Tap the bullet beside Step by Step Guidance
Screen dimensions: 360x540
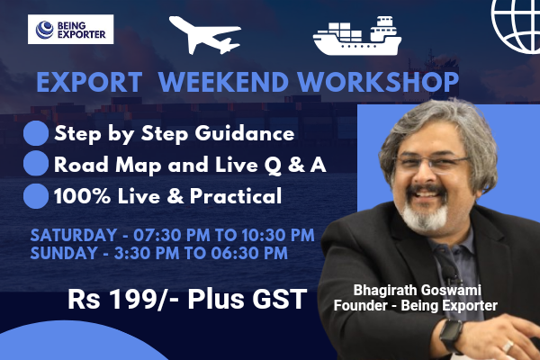35,135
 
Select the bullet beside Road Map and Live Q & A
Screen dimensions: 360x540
35,165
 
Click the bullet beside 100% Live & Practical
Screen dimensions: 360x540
35,195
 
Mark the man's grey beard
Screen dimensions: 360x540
422,217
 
